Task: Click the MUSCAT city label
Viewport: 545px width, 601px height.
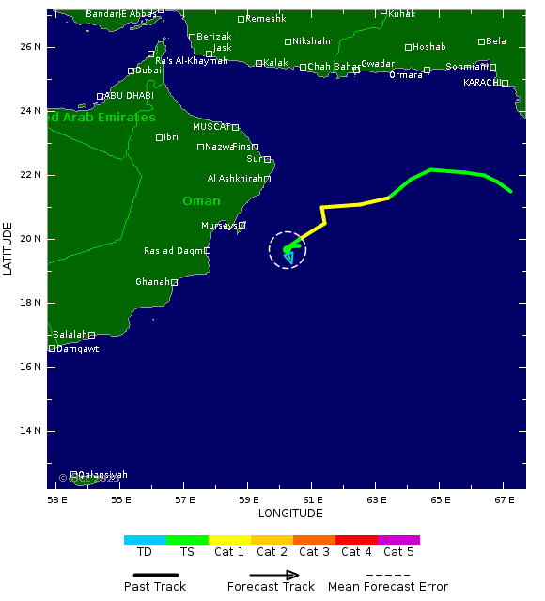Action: [x=210, y=127]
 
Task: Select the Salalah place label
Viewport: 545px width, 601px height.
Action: [x=70, y=335]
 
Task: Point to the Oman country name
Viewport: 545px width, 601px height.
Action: [x=201, y=201]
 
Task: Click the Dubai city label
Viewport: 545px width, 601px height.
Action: [x=148, y=71]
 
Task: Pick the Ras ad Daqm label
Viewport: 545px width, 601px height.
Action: [x=173, y=251]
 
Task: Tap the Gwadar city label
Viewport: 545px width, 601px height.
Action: [x=378, y=63]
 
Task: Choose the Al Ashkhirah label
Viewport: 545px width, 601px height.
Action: [x=234, y=179]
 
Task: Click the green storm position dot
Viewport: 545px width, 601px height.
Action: [x=287, y=249]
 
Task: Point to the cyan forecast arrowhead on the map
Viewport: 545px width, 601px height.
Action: [x=288, y=258]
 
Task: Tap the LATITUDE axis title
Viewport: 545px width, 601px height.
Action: [x=8, y=248]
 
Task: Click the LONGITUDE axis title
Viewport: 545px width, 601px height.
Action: [x=290, y=514]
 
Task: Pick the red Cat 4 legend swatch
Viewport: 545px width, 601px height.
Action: [x=356, y=540]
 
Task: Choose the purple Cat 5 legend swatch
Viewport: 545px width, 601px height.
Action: [x=398, y=540]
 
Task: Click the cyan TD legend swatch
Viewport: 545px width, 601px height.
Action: [x=145, y=540]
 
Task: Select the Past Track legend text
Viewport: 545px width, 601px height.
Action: [x=155, y=587]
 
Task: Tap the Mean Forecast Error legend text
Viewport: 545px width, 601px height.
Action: [x=388, y=587]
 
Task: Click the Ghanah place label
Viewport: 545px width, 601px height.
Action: [x=152, y=282]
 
